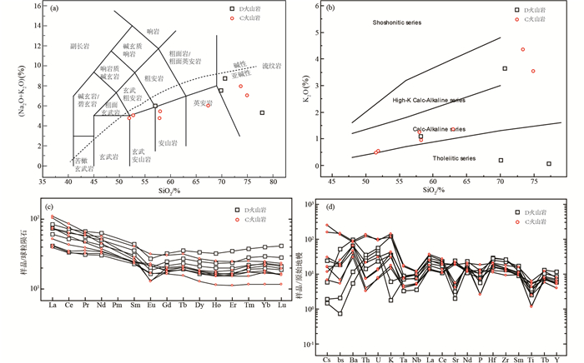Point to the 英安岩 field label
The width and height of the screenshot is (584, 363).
[x=202, y=104]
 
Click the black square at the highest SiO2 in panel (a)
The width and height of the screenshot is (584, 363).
[x=262, y=112]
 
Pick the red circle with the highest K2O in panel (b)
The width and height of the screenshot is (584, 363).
[x=523, y=50]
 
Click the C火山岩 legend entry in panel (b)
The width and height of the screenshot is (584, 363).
[x=536, y=18]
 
